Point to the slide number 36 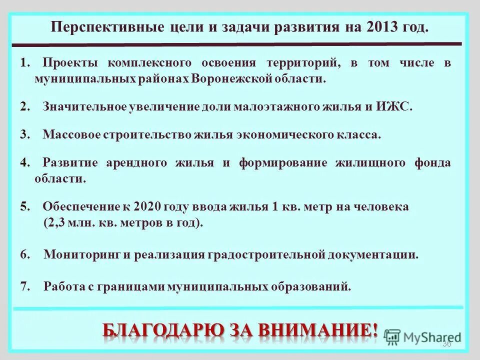(447, 344)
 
